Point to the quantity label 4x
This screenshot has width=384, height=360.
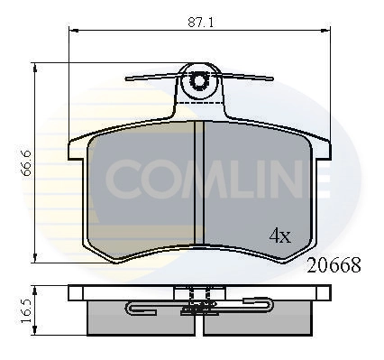[x=280, y=236]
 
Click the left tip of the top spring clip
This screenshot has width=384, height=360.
[x=124, y=79]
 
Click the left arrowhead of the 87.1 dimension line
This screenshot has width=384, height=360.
[x=72, y=29]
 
